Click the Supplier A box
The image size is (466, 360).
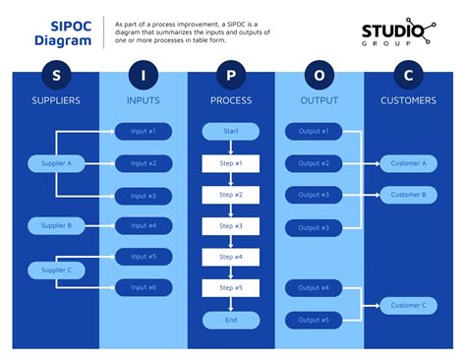pos(56,163)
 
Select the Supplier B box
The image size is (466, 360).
pos(56,226)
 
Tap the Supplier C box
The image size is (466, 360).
pos(56,270)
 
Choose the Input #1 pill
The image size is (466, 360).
pos(143,132)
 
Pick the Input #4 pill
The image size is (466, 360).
pos(143,226)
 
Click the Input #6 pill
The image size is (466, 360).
pos(143,288)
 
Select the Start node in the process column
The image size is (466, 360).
pos(230,132)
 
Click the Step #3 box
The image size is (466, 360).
pos(230,226)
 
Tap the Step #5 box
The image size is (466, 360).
pos(230,288)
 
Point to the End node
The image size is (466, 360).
pos(230,320)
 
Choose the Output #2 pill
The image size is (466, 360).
pos(314,163)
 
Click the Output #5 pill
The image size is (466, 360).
pos(314,320)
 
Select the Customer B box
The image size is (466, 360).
pos(408,195)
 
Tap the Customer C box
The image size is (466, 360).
pos(408,305)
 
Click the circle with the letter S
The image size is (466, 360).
pos(56,75)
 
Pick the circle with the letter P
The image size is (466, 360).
pos(230,75)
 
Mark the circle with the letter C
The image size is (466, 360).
pos(408,75)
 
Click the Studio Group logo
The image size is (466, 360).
pos(396,35)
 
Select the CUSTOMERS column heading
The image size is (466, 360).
pos(408,100)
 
